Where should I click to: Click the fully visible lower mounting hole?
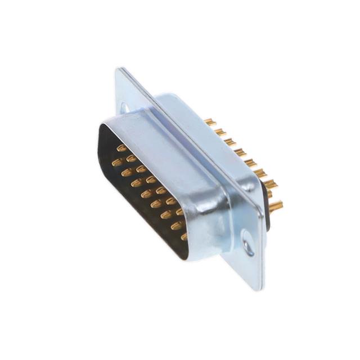[x=247, y=245]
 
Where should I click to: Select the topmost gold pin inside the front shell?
[x=121, y=148]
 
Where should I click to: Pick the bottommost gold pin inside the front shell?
[x=183, y=236]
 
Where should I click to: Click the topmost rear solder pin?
[x=210, y=121]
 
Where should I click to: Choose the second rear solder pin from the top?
[x=220, y=132]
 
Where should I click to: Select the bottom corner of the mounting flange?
[x=260, y=290]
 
